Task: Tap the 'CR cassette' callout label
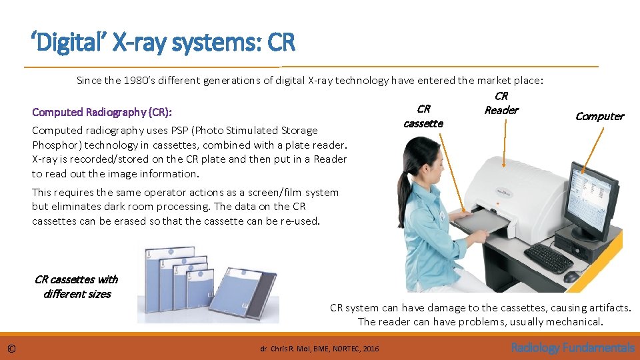423,116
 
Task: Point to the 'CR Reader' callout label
501,103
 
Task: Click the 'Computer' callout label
599,116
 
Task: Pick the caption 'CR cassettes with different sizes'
76,287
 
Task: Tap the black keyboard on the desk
548,257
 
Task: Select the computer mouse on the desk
571,276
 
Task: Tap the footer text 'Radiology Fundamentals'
572,347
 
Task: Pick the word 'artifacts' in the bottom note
607,307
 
